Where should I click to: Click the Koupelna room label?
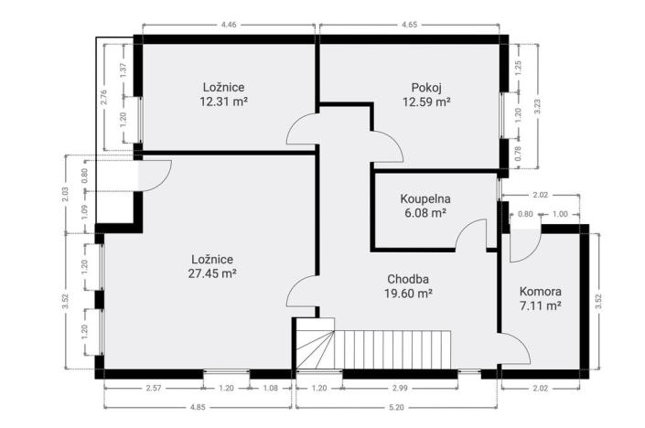(425, 198)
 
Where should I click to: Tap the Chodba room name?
(408, 279)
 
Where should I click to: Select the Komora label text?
(540, 291)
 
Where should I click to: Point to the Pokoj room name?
(426, 88)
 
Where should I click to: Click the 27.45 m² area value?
(215, 273)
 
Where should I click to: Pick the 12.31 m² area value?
(224, 102)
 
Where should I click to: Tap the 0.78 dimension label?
(518, 155)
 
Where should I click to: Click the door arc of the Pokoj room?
(385, 144)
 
